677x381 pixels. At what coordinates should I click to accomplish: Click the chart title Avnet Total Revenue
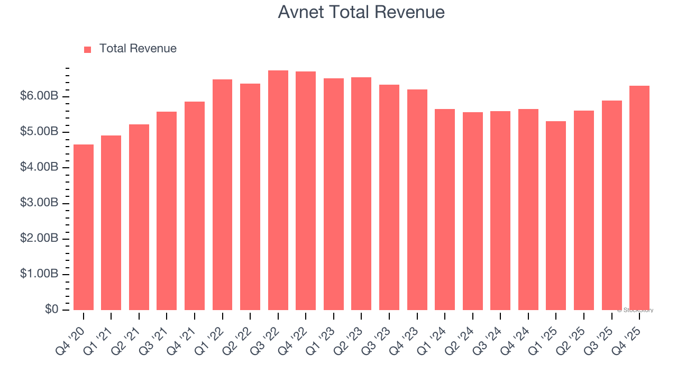tap(361, 12)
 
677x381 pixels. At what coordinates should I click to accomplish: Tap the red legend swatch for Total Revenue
tap(88, 49)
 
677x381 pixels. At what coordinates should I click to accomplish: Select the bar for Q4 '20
tap(84, 228)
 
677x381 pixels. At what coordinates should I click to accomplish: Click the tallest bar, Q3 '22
tap(278, 190)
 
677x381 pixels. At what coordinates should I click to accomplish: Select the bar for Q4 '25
tap(639, 198)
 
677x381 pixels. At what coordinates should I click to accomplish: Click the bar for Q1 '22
tap(223, 195)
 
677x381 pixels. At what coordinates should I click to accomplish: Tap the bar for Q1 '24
tap(445, 210)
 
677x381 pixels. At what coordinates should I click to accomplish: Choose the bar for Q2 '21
tap(139, 217)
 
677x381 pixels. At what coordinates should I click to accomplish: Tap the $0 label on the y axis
tap(51, 310)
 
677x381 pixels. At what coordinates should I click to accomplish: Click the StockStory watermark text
tap(636, 310)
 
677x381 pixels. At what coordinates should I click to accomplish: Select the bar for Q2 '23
tap(361, 194)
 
